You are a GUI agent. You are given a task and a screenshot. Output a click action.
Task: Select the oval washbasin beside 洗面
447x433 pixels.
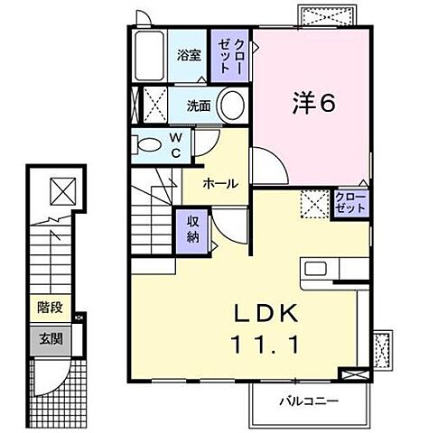pos(231,105)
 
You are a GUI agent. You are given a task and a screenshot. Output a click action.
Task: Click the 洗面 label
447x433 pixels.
pos(199,106)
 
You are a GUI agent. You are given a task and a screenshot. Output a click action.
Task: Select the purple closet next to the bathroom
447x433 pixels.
pos(230,56)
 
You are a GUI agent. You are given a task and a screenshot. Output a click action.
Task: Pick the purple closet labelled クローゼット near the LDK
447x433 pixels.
pos(350,202)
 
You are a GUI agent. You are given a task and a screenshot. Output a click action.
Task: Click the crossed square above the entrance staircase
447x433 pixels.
pos(62,191)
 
